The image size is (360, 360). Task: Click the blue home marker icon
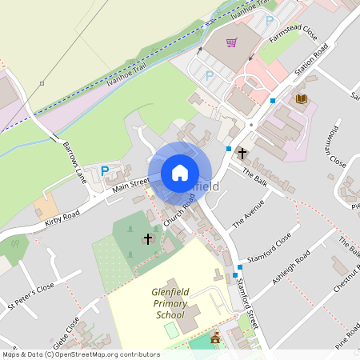click(180, 173)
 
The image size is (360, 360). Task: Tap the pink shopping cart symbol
click(232, 42)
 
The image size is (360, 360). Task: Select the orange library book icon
click(301, 98)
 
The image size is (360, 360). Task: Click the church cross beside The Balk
click(242, 151)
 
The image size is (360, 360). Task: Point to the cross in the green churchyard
click(147, 238)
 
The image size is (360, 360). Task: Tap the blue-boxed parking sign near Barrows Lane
click(105, 170)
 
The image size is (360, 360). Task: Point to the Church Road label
click(179, 212)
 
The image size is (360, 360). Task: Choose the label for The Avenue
click(247, 215)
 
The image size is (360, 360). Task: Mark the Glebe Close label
click(66, 334)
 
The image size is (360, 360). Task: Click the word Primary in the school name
click(170, 304)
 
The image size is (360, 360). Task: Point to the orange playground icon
click(214, 339)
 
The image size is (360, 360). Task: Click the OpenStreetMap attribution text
click(80, 354)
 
